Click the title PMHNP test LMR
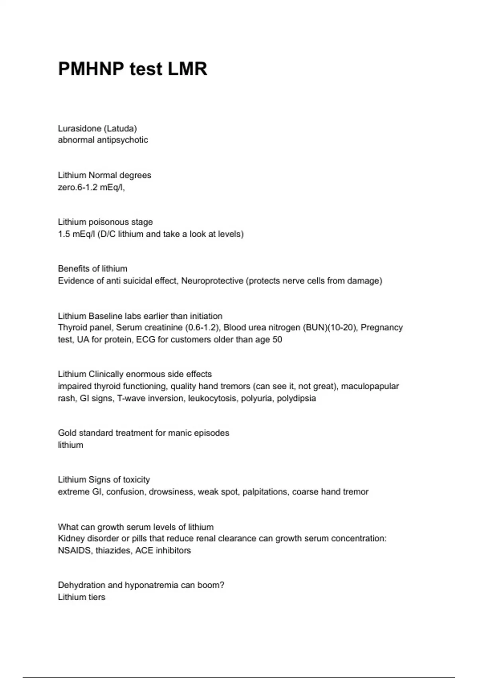pos(133,69)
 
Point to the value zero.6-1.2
pos(78,187)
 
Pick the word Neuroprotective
pos(212,281)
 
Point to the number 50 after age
pos(277,340)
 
